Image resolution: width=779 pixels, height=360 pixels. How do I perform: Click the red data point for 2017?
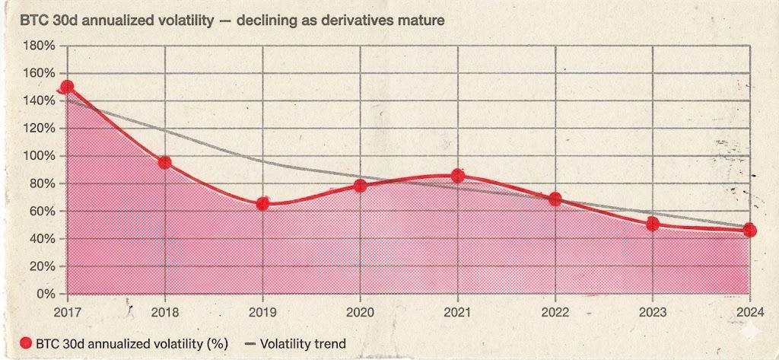67,88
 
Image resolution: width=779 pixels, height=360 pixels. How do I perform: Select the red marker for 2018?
164,162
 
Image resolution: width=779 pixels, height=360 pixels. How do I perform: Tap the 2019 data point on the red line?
262,204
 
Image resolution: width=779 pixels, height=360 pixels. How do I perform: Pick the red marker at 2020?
360,186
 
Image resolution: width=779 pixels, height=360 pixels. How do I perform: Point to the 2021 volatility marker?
457,176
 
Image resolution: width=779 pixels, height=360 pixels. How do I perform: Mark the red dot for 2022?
555,199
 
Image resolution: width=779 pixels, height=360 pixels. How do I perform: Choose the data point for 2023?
652,224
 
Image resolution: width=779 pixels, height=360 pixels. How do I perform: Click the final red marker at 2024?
749,231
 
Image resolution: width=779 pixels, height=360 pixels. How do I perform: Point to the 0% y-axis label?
46,295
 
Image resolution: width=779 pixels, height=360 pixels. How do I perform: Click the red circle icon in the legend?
26,343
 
